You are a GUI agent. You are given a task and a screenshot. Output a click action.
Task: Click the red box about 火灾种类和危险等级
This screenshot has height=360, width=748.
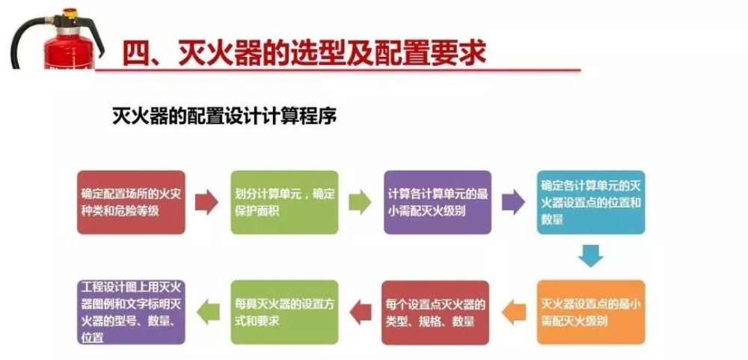point(131,202)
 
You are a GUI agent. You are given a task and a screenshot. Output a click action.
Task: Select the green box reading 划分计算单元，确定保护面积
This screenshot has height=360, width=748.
point(285,202)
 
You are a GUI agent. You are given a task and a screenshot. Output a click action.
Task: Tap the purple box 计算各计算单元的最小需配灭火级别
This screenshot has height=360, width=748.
point(438,202)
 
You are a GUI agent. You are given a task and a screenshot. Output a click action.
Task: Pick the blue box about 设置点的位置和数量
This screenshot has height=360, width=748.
point(591,202)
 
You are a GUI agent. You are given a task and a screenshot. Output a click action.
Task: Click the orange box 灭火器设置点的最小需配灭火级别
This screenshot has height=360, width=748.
point(591,312)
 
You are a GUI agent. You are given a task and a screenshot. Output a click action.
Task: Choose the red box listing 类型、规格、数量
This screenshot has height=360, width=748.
point(435,312)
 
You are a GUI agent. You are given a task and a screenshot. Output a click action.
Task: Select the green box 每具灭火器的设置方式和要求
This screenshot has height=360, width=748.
point(285,312)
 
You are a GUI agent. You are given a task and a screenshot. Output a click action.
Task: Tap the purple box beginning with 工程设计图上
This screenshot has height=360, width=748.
point(131,312)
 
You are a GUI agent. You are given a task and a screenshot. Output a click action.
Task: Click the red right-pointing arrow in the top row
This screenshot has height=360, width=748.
point(206,202)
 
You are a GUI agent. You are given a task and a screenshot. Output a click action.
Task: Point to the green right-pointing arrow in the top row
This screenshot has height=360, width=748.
point(360,202)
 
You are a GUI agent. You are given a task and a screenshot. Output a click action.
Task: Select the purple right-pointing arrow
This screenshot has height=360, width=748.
point(513,202)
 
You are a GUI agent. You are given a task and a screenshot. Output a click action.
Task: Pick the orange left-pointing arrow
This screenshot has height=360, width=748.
point(515,312)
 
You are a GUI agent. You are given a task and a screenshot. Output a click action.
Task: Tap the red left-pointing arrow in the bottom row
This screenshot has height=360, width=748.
point(361,312)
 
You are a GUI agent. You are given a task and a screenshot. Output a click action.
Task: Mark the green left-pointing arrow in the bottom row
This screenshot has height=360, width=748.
point(209,312)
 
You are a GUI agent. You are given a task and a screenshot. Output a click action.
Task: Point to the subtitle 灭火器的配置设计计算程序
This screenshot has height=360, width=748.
point(224,116)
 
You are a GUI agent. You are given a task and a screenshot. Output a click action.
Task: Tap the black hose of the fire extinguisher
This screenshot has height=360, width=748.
point(26,40)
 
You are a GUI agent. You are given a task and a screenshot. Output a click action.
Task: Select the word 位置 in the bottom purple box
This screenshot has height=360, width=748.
point(93,338)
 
